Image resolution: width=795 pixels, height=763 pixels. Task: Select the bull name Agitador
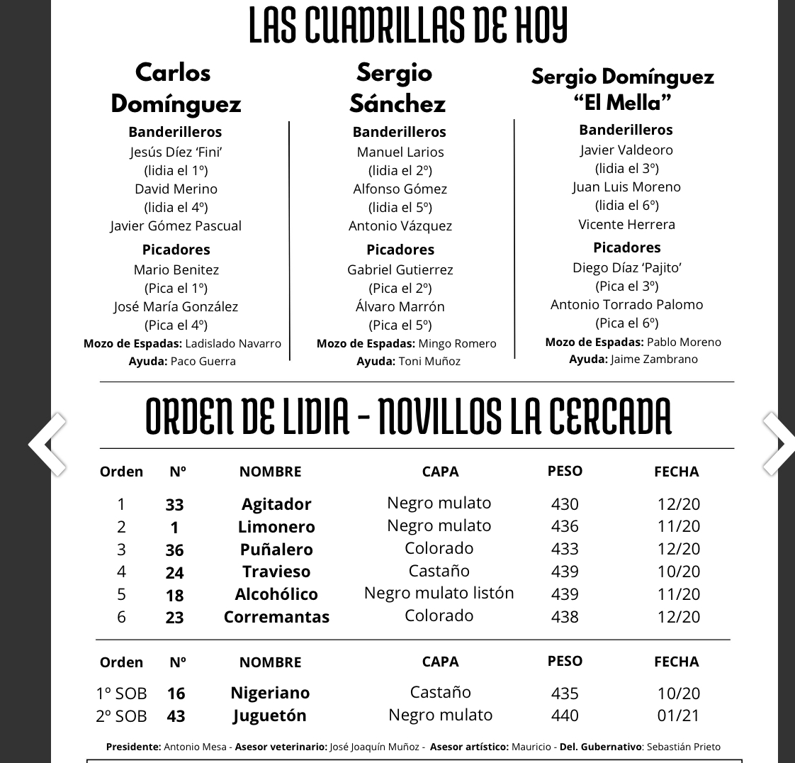tap(276, 504)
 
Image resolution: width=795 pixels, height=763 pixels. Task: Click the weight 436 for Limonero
tap(565, 526)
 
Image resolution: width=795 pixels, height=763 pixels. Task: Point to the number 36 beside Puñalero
tap(174, 550)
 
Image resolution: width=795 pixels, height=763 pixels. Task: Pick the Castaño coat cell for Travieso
tap(439, 571)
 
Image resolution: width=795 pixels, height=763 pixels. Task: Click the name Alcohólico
tap(276, 594)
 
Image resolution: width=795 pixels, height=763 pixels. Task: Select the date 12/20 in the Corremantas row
tap(678, 617)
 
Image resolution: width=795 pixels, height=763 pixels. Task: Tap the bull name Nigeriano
tap(270, 693)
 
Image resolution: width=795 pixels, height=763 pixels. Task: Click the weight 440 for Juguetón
tap(565, 715)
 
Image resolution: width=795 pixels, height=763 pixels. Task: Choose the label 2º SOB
tap(121, 716)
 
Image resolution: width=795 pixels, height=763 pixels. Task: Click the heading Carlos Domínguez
tap(176, 88)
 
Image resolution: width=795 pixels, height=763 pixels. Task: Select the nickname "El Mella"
tap(622, 103)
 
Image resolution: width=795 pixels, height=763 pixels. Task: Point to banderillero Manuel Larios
tap(400, 152)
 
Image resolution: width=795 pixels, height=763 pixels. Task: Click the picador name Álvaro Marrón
tap(400, 306)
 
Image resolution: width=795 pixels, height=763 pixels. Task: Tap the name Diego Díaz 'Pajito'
tap(626, 267)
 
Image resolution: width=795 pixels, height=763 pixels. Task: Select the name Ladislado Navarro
tap(233, 343)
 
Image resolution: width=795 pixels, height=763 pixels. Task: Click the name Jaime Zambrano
tap(654, 359)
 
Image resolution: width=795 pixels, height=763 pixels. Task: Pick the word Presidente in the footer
tap(133, 747)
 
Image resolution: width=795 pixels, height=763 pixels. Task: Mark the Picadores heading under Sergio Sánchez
tap(400, 250)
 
